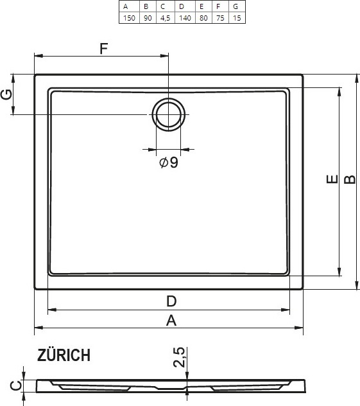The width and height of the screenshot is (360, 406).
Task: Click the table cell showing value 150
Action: [x=130, y=18]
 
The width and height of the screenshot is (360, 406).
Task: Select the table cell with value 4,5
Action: [x=166, y=18]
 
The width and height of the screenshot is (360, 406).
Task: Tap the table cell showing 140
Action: [x=185, y=18]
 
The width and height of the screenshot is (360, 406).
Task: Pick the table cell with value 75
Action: [x=220, y=18]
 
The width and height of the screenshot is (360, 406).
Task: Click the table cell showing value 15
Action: [x=237, y=18]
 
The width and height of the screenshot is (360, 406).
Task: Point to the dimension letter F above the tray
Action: [x=104, y=48]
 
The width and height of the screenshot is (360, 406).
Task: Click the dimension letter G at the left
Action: [x=6, y=94]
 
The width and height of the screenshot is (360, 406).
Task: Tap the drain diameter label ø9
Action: [x=169, y=163]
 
